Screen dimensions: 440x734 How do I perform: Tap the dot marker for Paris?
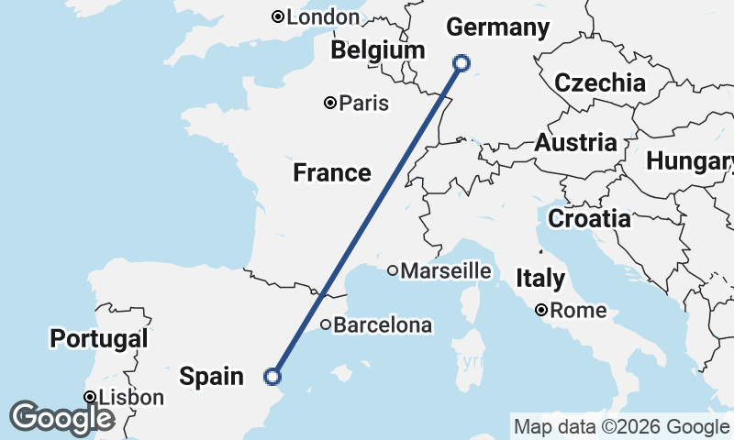330,103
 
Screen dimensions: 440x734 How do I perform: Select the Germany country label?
497,27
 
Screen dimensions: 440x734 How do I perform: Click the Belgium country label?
378,50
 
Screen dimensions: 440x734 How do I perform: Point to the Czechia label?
600,82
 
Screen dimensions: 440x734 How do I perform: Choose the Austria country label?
575,143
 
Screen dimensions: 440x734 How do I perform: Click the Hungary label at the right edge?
689,161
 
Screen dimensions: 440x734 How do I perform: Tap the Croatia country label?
589,219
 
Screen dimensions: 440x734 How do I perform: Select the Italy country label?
540,278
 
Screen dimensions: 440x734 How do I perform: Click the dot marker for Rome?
542,310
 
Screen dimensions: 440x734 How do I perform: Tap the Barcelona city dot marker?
326,324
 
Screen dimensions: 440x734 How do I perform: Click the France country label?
332,172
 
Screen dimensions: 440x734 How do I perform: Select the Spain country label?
212,376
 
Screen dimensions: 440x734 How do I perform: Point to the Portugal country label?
99,339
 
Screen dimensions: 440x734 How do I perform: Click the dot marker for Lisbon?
90,397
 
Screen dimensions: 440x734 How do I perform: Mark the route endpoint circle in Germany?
462,63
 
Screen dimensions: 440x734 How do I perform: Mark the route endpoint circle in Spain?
272,376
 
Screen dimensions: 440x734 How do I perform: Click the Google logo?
61,418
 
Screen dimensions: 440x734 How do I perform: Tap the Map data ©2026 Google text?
620,426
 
